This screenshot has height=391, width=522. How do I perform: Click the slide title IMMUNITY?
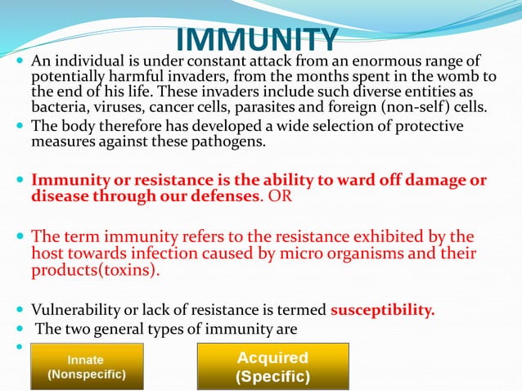point(257,39)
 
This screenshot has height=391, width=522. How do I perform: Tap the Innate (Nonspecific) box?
point(87,366)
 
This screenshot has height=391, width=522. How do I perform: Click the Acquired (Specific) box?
point(272,366)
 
